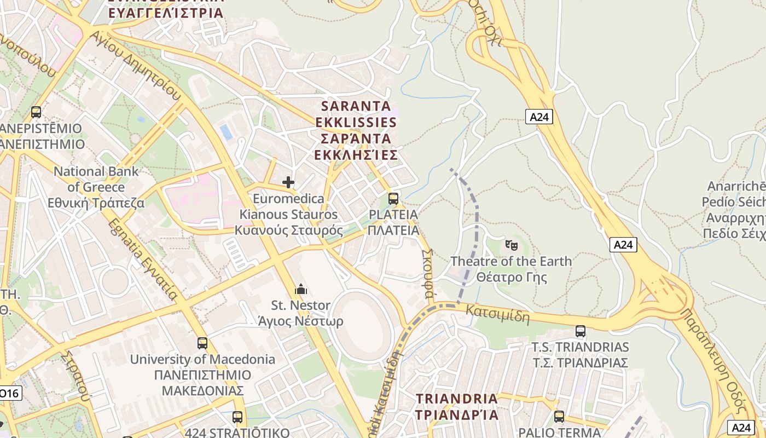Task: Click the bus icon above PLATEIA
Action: tap(393, 199)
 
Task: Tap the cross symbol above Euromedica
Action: tap(288, 182)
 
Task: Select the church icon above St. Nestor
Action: tap(300, 289)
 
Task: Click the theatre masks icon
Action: tap(512, 244)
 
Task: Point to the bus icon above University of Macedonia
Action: tap(202, 343)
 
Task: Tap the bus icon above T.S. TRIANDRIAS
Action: tap(581, 331)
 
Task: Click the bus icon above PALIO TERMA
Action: tap(559, 416)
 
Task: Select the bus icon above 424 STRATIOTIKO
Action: tap(237, 417)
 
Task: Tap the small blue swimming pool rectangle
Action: tap(225, 132)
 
